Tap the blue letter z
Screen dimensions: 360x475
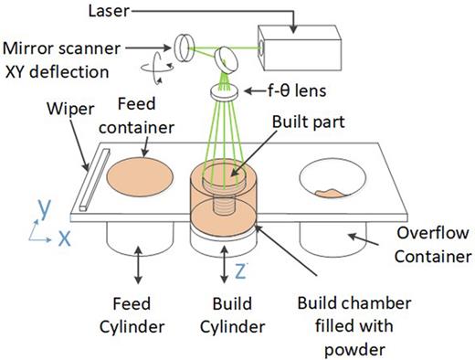(x=240, y=271)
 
